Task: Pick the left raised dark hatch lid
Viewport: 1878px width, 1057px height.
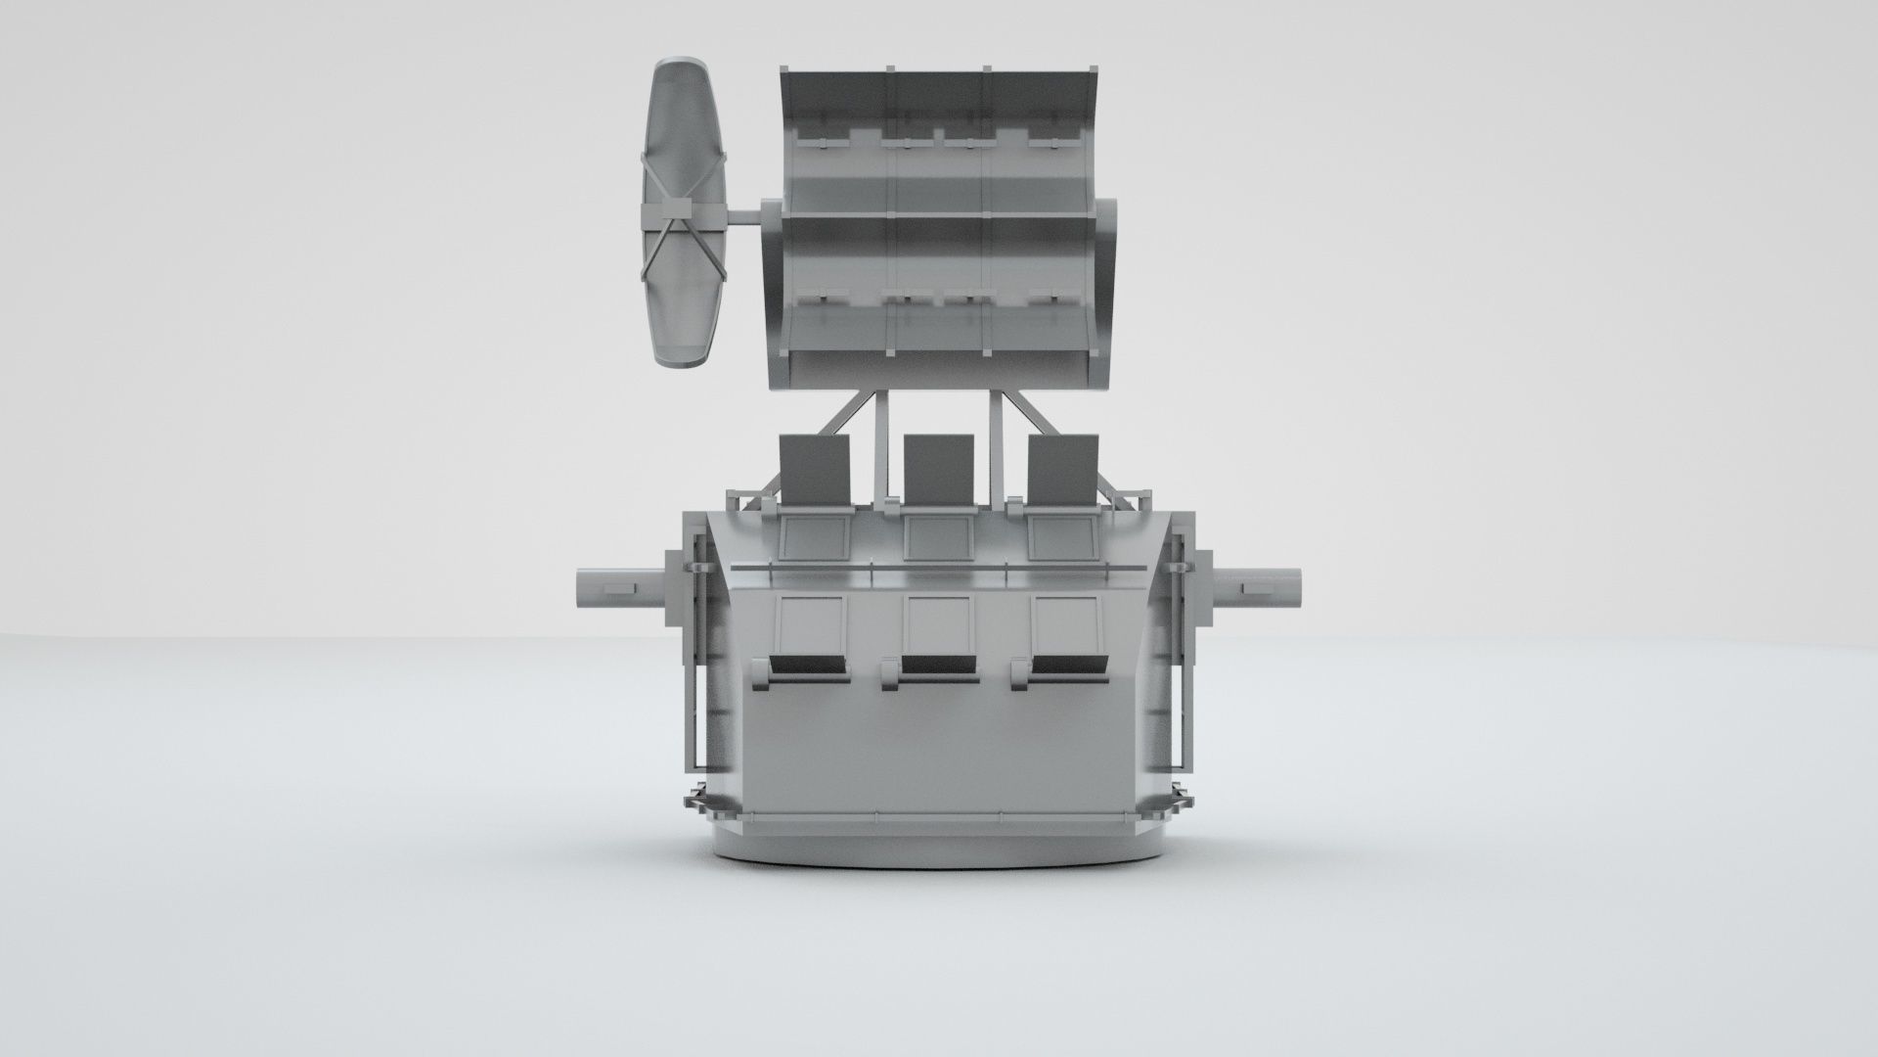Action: click(814, 468)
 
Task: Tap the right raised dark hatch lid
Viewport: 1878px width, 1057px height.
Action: click(1064, 468)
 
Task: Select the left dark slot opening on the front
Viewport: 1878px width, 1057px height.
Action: click(808, 666)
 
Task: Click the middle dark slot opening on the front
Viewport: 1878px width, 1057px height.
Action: click(938, 666)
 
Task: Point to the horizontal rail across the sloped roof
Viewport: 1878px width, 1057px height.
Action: click(939, 567)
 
